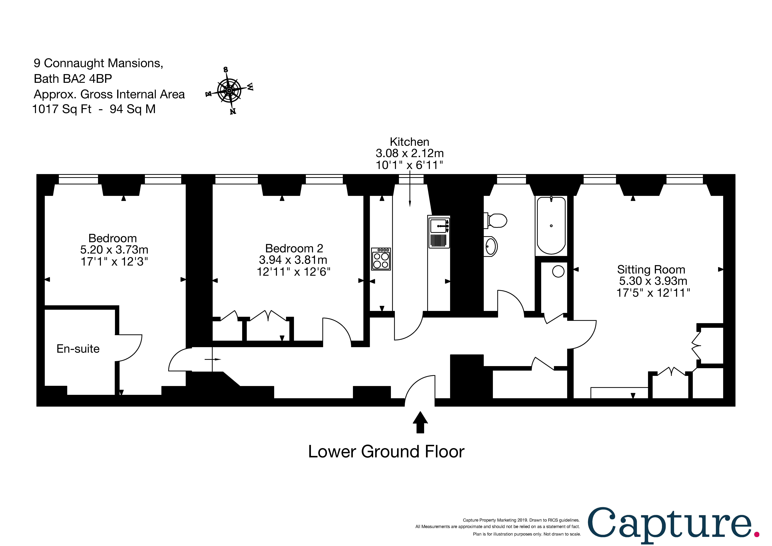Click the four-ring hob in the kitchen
(x=381, y=259)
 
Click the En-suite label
(x=78, y=349)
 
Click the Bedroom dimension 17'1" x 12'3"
(x=114, y=261)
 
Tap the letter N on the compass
(x=233, y=111)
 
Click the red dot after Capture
(x=757, y=534)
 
